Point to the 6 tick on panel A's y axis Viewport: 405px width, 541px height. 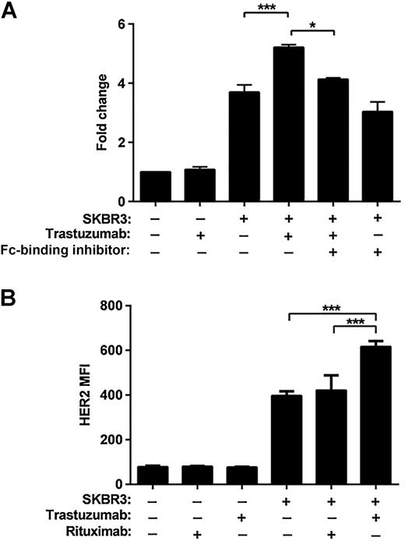click(x=120, y=24)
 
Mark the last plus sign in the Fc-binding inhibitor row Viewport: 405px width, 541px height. click(x=376, y=251)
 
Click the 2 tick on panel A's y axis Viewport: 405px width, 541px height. click(x=120, y=142)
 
